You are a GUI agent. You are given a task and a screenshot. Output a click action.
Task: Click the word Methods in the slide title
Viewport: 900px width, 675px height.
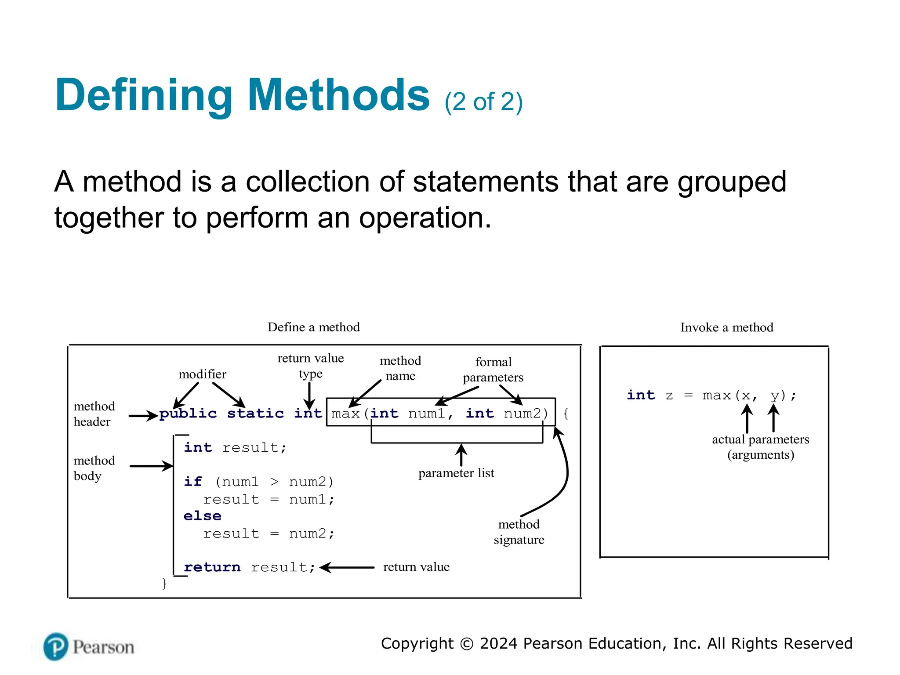[x=338, y=95]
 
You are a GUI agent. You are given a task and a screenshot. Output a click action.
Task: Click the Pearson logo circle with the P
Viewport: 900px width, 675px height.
[x=56, y=647]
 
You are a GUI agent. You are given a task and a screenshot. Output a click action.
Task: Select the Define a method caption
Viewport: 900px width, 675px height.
[x=313, y=327]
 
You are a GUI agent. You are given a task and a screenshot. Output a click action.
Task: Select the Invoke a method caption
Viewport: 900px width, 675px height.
[x=726, y=327]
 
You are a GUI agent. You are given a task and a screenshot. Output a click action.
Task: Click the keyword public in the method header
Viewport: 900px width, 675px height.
[x=188, y=414]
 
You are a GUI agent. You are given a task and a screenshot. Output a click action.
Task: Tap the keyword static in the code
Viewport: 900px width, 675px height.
[x=255, y=414]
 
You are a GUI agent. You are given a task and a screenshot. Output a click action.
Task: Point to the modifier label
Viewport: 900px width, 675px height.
[x=202, y=374]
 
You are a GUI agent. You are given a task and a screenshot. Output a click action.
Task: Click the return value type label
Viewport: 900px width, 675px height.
[x=310, y=366]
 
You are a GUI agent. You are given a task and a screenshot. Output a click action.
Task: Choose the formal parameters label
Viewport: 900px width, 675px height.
[x=493, y=370]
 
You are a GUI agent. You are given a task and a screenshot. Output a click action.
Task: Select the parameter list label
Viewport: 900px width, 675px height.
[x=456, y=473]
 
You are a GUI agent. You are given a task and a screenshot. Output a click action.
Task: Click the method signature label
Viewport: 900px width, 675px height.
[x=519, y=532]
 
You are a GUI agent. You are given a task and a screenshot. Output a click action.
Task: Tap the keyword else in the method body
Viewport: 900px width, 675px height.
[x=202, y=515]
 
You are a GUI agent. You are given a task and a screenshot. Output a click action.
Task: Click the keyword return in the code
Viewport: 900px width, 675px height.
[x=212, y=567]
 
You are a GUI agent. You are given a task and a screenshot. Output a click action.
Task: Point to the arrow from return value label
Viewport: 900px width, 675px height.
[x=347, y=568]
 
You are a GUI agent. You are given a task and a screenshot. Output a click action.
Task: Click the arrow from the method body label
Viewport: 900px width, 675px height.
[x=151, y=466]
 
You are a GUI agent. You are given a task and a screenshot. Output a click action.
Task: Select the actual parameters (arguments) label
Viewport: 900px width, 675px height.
[x=760, y=446]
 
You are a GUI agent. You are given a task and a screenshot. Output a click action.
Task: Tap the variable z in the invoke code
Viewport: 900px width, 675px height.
[x=669, y=396]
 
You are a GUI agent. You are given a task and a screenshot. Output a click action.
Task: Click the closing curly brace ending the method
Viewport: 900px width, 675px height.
[x=164, y=584]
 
